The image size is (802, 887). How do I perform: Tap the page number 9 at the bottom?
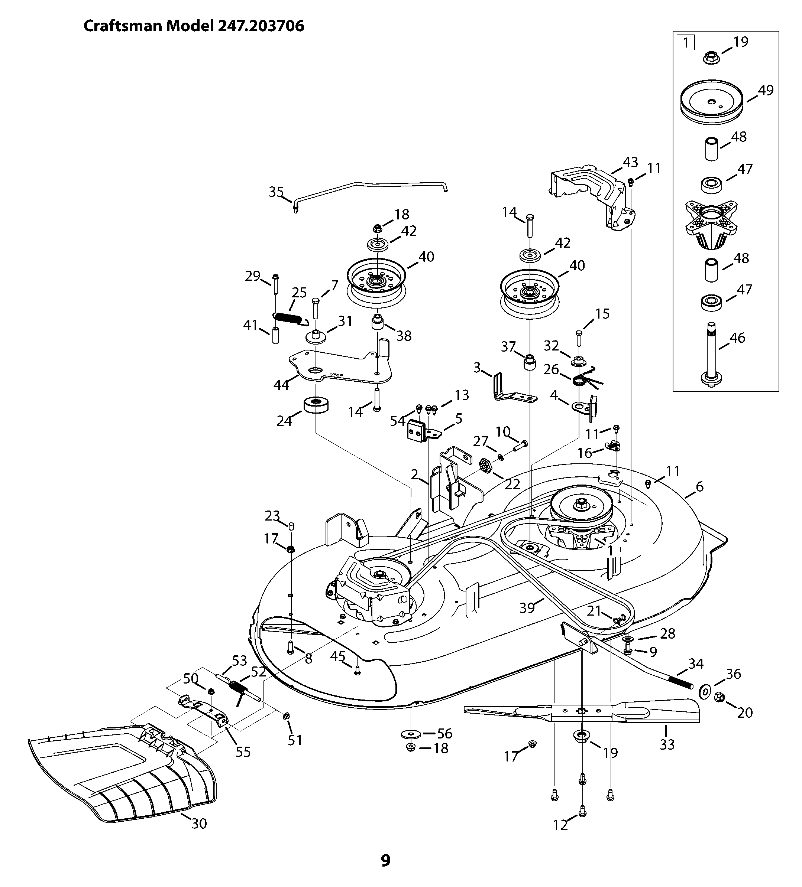385,860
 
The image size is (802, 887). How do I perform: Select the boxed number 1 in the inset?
685,43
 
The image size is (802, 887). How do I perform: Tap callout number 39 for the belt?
527,608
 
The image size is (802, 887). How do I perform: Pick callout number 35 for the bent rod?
276,192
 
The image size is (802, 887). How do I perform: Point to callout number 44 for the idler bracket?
281,385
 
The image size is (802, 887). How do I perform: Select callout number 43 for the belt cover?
630,162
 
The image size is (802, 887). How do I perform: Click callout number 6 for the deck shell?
699,487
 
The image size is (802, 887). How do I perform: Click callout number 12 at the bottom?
560,825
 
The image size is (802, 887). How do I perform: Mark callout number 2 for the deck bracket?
414,474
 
